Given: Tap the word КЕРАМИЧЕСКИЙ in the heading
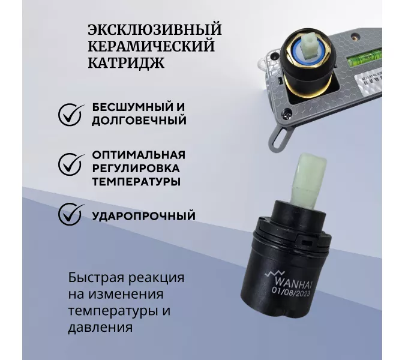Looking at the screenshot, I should (151, 46).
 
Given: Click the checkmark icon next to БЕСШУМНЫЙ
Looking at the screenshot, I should (71, 113).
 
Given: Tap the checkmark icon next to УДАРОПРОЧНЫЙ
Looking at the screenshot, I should (71, 214).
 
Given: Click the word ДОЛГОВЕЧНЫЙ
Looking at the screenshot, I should (139, 120).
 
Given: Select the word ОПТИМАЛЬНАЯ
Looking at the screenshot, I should (139, 154).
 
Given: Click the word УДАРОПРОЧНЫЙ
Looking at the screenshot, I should (144, 215).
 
